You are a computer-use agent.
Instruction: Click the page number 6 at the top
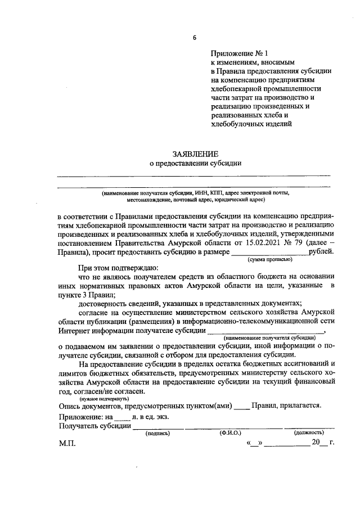pos(195,38)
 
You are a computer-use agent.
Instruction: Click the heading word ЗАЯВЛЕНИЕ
pos(195,154)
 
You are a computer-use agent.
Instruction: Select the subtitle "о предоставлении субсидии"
pos(195,164)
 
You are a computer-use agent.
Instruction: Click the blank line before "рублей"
pos(270,254)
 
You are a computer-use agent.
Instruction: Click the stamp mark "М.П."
pos(67,443)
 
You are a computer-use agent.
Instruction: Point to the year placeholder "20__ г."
pos(323,443)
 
